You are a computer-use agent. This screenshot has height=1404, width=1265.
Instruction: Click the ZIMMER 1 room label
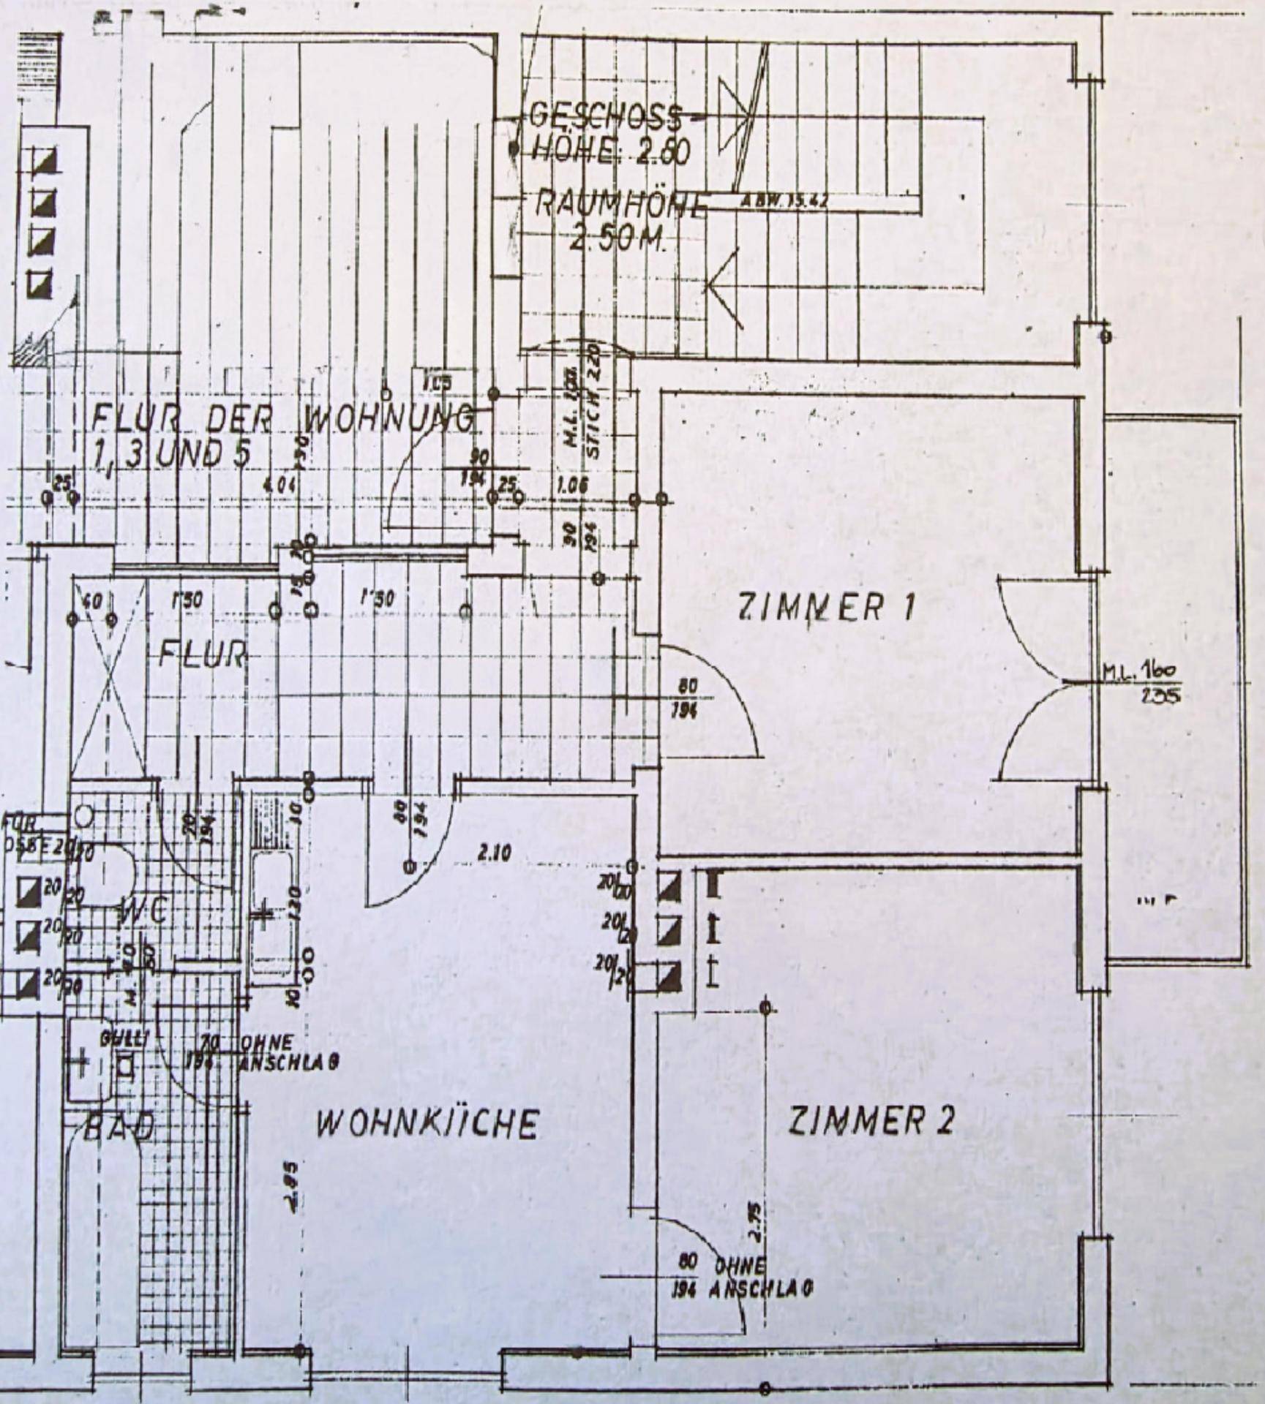coord(827,607)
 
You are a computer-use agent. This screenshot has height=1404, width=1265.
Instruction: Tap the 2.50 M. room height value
coord(616,240)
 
